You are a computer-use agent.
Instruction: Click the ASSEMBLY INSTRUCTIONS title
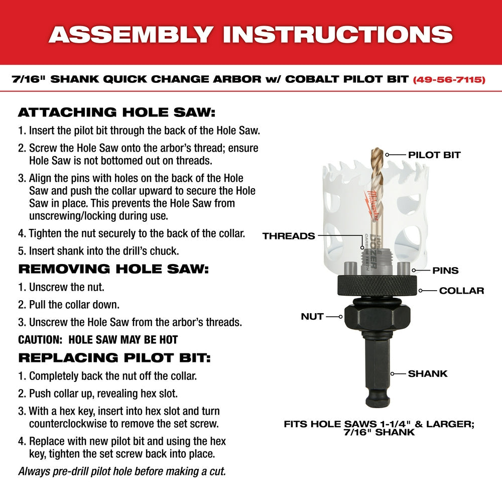point(250,34)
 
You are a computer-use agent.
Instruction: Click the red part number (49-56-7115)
point(449,79)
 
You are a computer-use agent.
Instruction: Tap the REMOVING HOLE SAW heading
point(113,269)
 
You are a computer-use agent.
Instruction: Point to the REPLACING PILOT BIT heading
point(114,358)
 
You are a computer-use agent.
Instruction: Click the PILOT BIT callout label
point(434,155)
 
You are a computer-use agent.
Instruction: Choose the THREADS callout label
point(289,236)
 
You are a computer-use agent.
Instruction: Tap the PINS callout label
point(445,271)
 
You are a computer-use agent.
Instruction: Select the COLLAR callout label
point(461,291)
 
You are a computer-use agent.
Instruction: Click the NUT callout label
point(312,317)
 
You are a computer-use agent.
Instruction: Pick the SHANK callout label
point(427,373)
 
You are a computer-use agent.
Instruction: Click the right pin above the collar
point(405,268)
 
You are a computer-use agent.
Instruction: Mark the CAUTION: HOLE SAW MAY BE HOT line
point(98,340)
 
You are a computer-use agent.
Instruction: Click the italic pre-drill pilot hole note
point(122,471)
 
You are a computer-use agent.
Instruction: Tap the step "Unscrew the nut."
point(61,288)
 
